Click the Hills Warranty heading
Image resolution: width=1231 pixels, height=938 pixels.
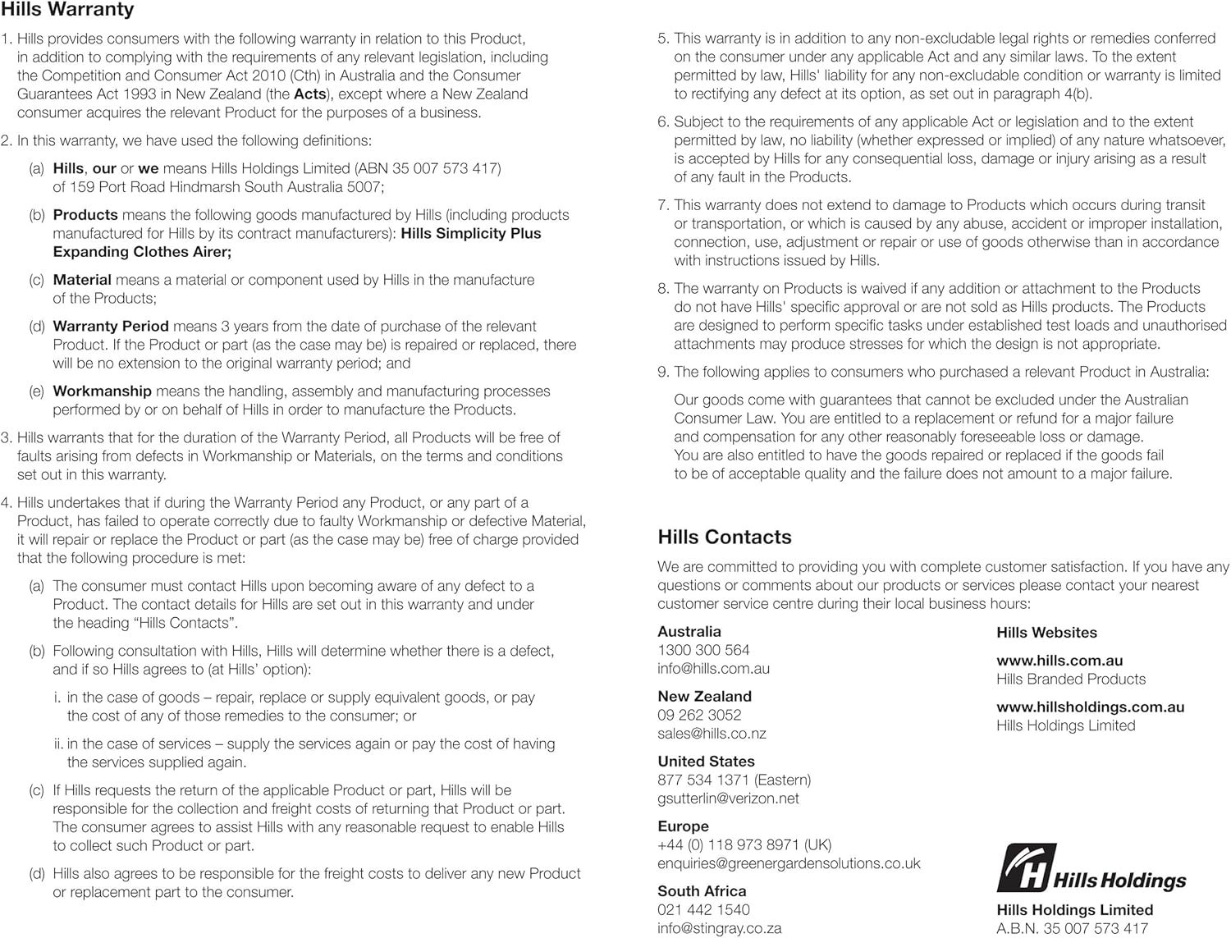pos(67,11)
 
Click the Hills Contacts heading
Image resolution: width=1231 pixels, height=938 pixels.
pos(724,537)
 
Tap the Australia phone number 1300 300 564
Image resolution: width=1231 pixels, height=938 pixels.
pos(703,650)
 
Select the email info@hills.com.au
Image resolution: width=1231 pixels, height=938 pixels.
pos(713,668)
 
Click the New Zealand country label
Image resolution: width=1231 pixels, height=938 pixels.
pos(704,696)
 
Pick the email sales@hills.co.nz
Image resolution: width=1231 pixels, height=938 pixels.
pos(712,733)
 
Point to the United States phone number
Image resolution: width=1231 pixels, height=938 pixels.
pos(734,780)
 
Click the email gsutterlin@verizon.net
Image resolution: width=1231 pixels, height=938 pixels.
pos(728,798)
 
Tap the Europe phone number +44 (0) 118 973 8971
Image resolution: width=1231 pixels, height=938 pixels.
pos(744,844)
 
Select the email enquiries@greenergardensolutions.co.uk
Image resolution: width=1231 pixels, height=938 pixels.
pos(789,863)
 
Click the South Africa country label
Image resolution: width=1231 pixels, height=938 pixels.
pos(702,891)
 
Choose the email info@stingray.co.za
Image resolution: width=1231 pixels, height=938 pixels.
pos(719,928)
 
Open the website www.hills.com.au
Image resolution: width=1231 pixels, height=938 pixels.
pos(1059,661)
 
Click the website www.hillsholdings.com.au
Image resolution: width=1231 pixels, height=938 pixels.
pos(1090,707)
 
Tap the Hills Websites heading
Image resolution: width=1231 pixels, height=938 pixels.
pos(1046,633)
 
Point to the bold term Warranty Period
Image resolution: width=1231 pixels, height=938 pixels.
pos(111,326)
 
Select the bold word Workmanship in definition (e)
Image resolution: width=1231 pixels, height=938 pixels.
pos(102,391)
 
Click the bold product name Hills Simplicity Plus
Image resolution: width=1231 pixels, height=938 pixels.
pos(471,233)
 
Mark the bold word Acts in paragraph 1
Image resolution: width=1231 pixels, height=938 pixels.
pos(310,94)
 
